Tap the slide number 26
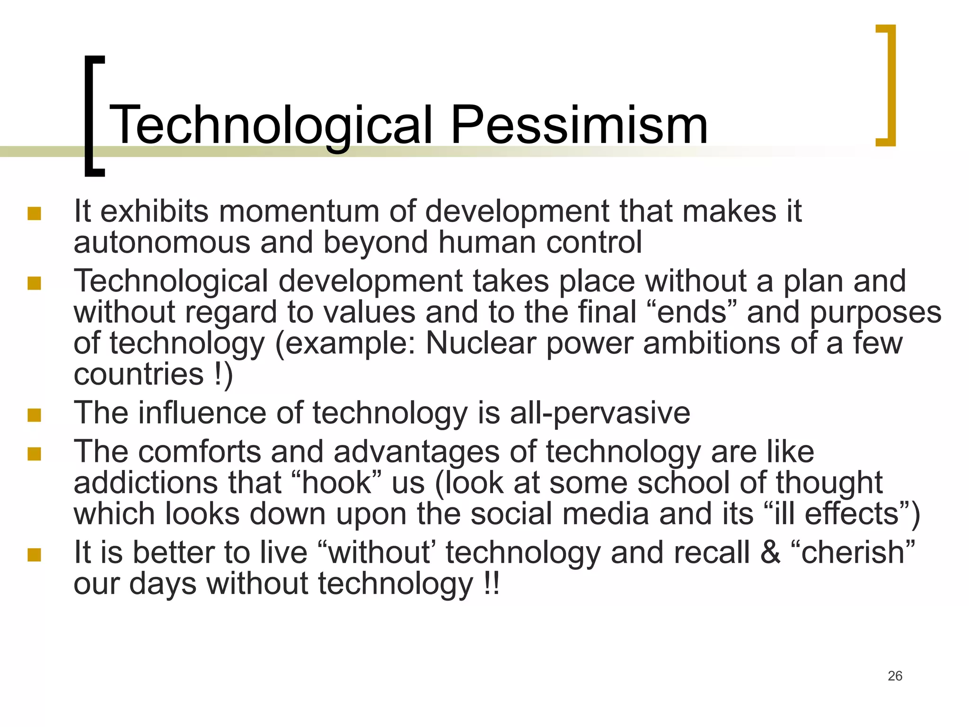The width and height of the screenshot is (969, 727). (895, 676)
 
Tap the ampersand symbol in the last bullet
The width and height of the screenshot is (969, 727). (770, 552)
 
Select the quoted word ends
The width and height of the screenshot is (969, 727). (692, 312)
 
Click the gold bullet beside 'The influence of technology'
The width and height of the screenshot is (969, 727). (34, 416)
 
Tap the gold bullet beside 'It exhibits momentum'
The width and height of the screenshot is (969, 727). (34, 214)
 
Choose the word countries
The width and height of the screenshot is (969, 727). (139, 374)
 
